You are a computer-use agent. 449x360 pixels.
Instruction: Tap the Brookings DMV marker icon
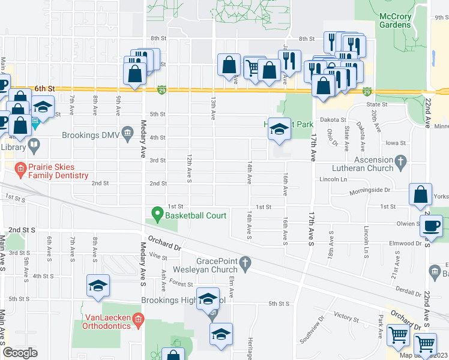(127, 132)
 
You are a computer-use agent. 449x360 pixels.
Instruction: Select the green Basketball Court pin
(157, 214)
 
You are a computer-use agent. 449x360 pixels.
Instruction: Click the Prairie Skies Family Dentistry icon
(20, 169)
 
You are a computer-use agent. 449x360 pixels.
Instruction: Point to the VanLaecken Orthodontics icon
(139, 318)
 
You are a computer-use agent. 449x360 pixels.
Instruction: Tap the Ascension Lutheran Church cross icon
(401, 161)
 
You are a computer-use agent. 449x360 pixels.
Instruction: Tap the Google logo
(20, 353)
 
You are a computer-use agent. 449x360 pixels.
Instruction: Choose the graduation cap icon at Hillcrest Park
(279, 130)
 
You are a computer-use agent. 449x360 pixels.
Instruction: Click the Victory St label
(346, 315)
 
